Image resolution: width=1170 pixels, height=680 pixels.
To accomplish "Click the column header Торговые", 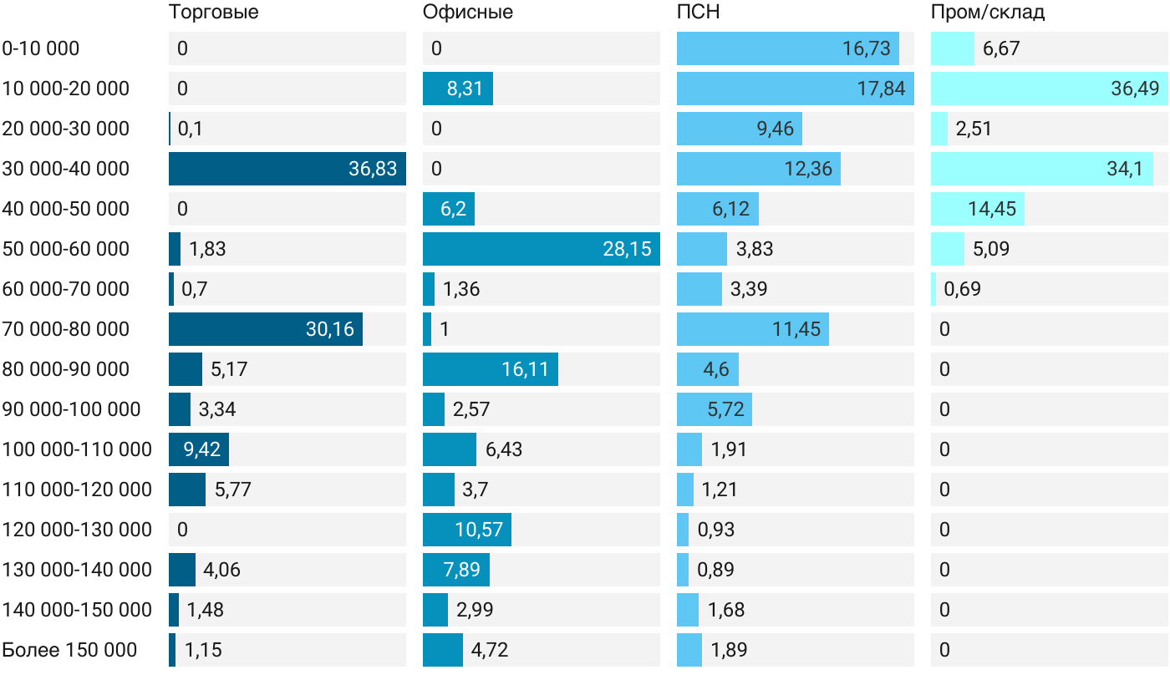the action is tap(214, 12).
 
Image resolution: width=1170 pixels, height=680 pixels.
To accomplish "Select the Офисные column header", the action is tap(467, 12).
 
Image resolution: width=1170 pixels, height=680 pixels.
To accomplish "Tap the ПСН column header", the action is tap(699, 12).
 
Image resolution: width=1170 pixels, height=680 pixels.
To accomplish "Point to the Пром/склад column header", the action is tap(988, 12).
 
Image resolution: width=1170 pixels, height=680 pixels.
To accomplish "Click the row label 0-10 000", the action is tap(41, 48).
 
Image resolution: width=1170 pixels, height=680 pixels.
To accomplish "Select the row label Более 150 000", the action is tap(69, 650).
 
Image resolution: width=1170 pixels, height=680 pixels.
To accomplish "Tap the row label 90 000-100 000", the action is tap(71, 409).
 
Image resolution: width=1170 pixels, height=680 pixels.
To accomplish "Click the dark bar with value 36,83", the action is tap(287, 169).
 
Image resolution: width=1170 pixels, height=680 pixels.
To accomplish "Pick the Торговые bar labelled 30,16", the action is tap(266, 329).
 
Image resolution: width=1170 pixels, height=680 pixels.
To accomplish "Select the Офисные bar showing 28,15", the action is tap(542, 249).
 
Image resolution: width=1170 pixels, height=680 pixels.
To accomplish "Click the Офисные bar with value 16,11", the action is tap(491, 369).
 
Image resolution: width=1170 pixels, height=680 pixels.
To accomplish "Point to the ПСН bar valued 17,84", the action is tap(796, 89).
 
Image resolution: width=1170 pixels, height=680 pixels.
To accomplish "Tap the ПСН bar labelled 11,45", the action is tap(753, 329).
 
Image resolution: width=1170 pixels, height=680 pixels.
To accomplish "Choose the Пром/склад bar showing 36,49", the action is tap(1050, 89).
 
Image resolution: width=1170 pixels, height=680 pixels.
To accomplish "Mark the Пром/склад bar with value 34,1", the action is tap(1042, 169).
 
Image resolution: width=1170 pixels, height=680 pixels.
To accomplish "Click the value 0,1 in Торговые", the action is tap(191, 129).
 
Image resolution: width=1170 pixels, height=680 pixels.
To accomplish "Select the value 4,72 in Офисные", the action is tap(490, 650).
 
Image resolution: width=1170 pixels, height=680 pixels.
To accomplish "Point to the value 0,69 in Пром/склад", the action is tap(962, 289).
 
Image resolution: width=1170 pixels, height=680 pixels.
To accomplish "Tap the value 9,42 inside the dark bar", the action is tap(201, 449).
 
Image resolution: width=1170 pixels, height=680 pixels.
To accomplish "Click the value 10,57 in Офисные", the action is tap(479, 530).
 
